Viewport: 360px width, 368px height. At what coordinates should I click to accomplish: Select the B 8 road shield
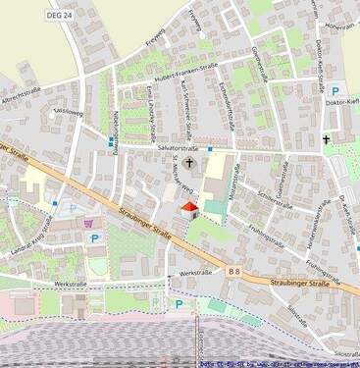(x=234, y=269)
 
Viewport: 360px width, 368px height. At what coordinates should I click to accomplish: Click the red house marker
(x=190, y=209)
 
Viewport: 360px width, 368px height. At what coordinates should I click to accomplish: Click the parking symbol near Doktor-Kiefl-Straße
(x=334, y=90)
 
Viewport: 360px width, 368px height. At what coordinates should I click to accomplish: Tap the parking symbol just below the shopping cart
(x=94, y=238)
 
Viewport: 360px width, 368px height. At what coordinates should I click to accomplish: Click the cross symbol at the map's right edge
(x=327, y=140)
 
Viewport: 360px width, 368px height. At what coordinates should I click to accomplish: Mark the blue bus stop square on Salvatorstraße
(x=210, y=149)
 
